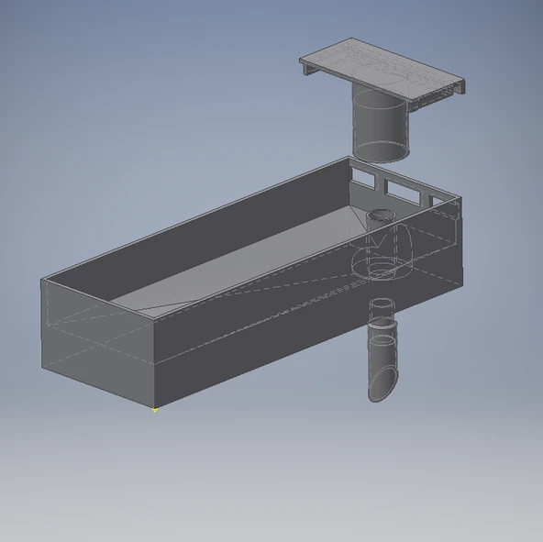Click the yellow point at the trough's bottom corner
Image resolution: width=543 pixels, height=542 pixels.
tap(154, 409)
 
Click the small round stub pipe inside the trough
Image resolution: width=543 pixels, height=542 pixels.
tap(380, 218)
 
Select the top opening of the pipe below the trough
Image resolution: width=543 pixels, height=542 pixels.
tap(382, 305)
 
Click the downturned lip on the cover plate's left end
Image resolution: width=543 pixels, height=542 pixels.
tap(305, 65)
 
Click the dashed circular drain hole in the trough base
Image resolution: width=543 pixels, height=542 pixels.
tap(381, 270)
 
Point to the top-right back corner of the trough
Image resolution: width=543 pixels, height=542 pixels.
tap(349, 158)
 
